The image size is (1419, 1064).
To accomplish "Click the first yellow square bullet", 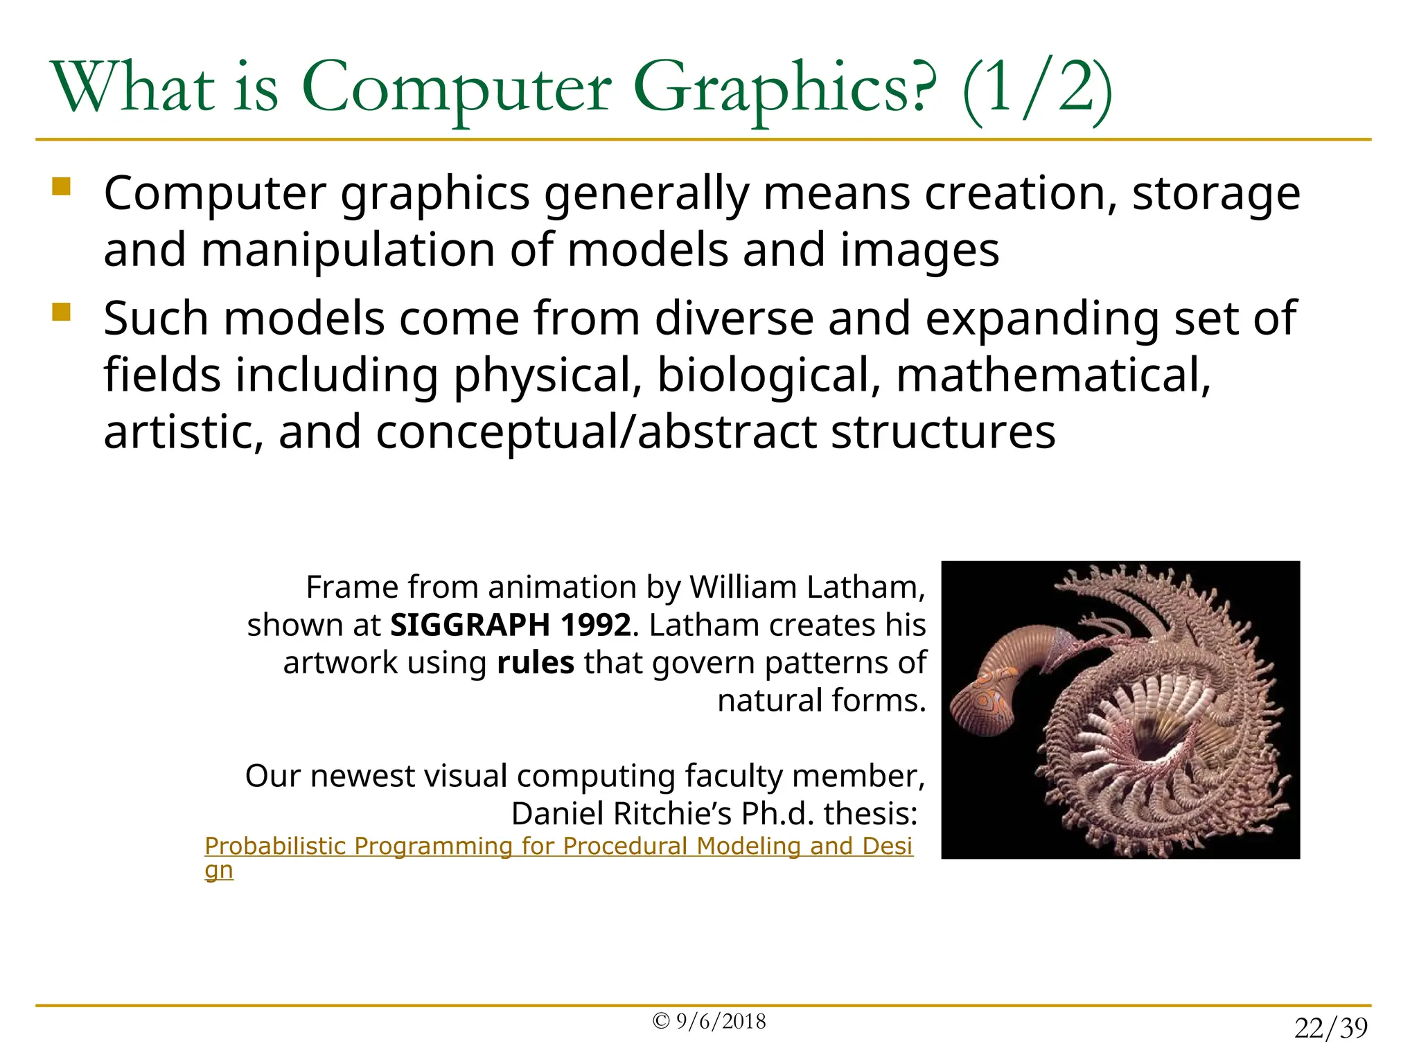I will [62, 187].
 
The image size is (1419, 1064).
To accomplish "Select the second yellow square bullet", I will [62, 312].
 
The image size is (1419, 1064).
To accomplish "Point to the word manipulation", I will [348, 250].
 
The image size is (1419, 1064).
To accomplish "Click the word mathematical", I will [1053, 376].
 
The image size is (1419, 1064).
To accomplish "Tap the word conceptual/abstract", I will [594, 432].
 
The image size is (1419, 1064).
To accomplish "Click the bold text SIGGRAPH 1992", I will [511, 626].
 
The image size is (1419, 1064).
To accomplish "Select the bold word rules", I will [536, 663].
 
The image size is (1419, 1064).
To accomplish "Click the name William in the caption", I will [742, 587].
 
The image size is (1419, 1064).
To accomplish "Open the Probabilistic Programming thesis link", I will [558, 846].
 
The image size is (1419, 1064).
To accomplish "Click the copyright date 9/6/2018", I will [721, 1022].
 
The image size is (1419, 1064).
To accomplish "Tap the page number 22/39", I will [1331, 1029].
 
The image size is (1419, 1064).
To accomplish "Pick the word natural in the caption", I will [768, 701].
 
